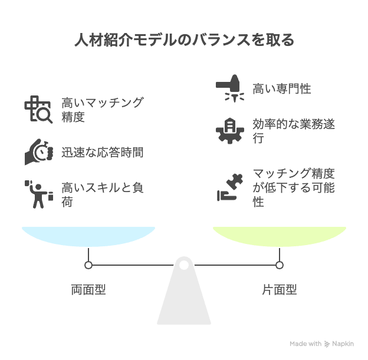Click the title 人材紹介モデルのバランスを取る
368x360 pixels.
point(183,41)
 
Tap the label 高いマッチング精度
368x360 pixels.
point(102,109)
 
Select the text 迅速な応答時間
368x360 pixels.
point(102,153)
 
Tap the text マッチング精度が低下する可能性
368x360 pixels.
point(294,187)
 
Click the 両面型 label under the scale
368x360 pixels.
point(88,289)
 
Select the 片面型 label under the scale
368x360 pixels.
point(279,289)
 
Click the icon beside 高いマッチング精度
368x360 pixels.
point(38,109)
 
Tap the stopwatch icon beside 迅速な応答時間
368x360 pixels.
point(38,152)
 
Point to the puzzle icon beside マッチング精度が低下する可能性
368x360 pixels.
point(229,187)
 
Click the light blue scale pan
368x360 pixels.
point(88,236)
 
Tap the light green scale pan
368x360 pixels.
point(279,236)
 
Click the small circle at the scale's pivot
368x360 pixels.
point(184,265)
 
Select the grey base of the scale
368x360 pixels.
point(184,300)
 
